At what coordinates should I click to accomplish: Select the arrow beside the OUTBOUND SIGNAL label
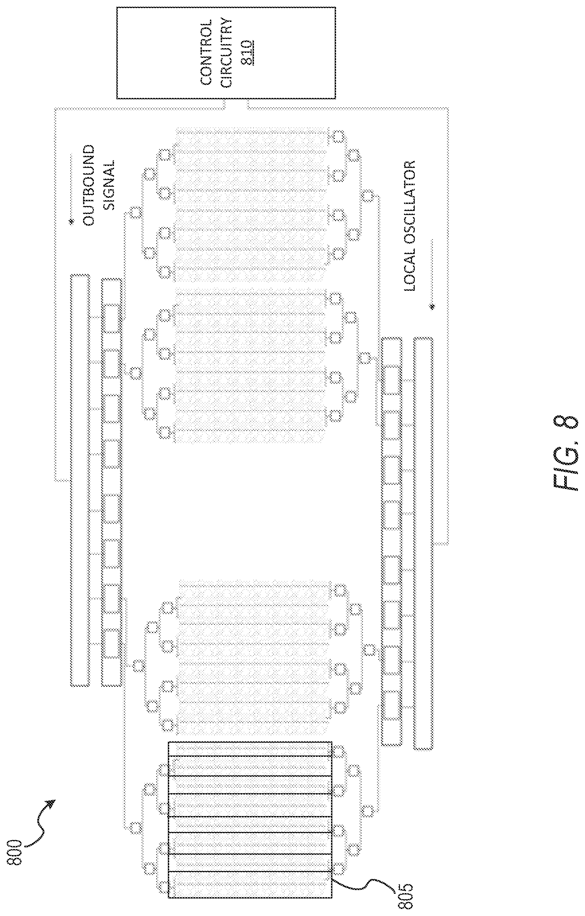[x=71, y=187]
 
